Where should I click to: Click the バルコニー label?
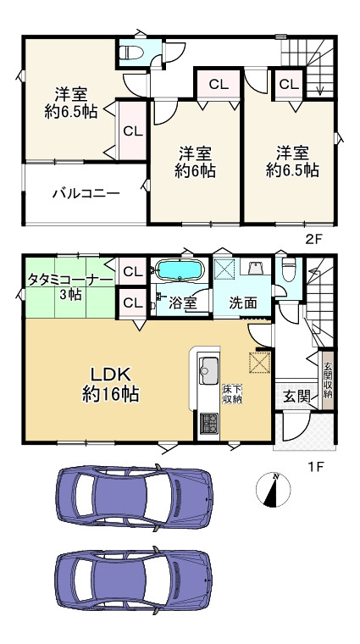[86, 193]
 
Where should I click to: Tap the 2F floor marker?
[314, 240]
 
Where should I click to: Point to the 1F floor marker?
[314, 465]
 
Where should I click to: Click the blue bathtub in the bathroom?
[178, 272]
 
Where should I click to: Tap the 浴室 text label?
[183, 302]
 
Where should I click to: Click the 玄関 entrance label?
[296, 396]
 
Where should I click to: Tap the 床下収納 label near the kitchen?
[233, 394]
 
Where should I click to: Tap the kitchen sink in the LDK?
[208, 369]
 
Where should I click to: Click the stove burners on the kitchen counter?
[208, 423]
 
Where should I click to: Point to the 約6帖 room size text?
[196, 170]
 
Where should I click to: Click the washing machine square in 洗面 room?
[226, 270]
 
